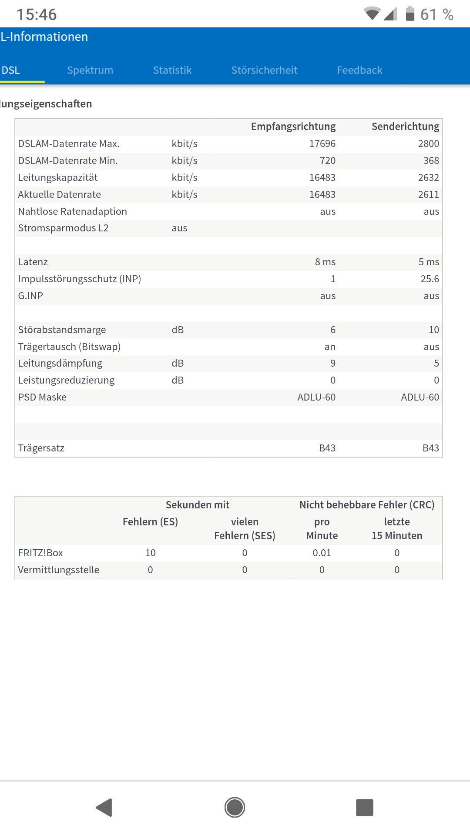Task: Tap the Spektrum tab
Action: click(90, 70)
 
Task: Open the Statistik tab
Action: click(172, 70)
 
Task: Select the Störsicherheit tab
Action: click(264, 70)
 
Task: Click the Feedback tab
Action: click(359, 70)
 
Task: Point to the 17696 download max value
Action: click(322, 144)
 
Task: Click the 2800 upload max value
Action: click(428, 144)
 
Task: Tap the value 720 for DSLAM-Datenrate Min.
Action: click(327, 160)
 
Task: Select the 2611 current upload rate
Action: click(428, 194)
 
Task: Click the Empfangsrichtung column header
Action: click(293, 127)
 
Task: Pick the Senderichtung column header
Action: click(405, 127)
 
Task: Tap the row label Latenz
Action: click(33, 262)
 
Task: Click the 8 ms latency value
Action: click(325, 262)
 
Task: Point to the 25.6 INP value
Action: click(430, 279)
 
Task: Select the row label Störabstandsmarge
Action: click(62, 330)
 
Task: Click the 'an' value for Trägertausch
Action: click(330, 347)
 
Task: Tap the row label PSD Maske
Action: click(42, 397)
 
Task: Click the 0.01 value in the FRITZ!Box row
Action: click(322, 553)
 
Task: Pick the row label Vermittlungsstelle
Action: click(59, 570)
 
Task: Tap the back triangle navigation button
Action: click(104, 808)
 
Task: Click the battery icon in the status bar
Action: click(410, 14)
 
